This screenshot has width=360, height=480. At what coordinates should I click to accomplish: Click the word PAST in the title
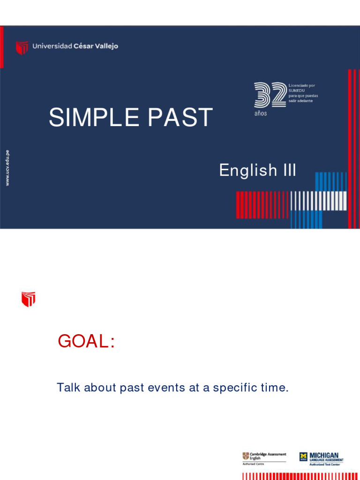[180, 118]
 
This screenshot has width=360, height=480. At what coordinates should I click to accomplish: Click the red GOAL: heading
[86, 342]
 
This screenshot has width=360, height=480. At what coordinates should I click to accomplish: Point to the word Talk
[67, 388]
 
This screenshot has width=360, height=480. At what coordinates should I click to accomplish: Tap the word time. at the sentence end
[273, 388]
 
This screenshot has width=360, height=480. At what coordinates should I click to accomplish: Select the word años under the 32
[261, 114]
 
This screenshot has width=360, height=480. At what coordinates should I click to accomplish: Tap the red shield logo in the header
[22, 47]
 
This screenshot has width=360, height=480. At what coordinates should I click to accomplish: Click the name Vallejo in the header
[105, 46]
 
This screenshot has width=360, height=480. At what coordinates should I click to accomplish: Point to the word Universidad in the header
[52, 46]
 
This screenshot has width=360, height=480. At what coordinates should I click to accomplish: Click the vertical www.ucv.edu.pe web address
[7, 167]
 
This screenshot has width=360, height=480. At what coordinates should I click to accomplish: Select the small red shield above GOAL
[29, 299]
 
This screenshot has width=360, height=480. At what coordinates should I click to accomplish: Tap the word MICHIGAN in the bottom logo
[324, 455]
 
